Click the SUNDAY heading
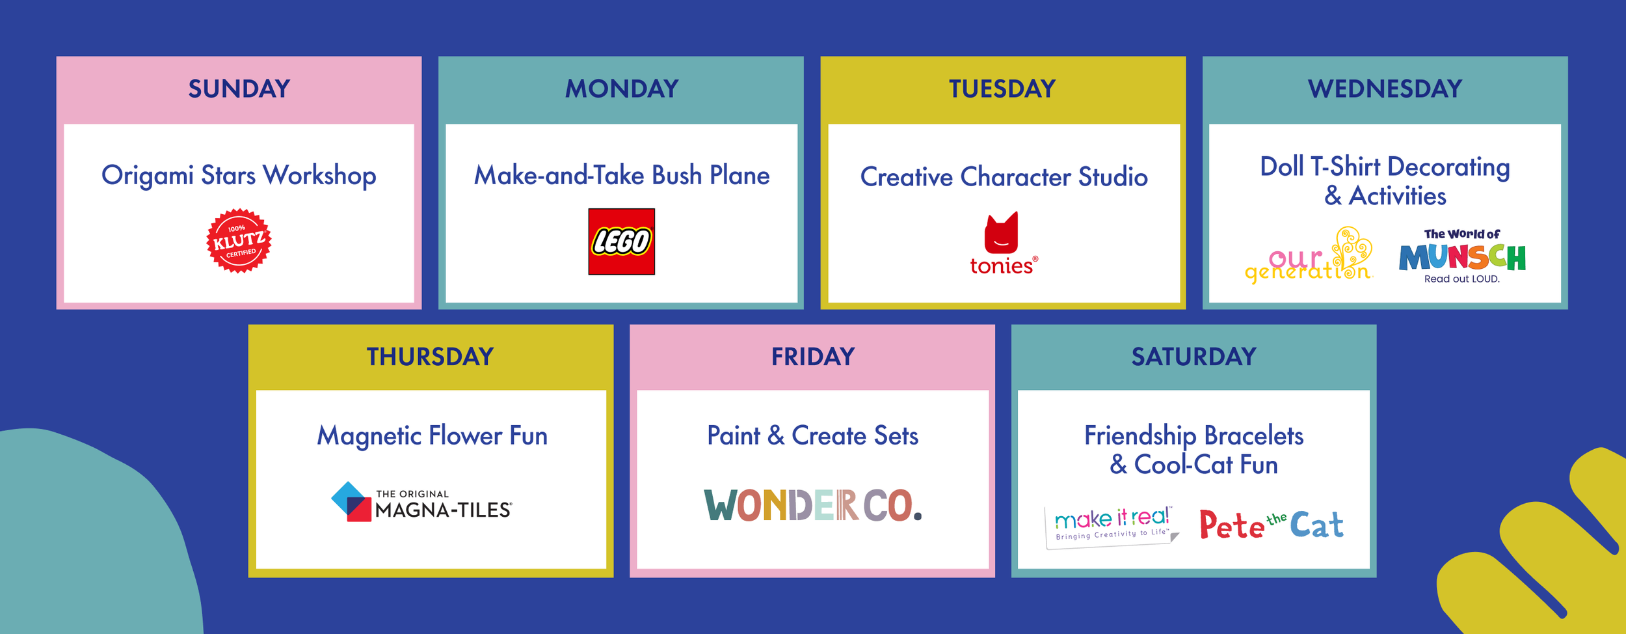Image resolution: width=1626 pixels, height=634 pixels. tap(239, 89)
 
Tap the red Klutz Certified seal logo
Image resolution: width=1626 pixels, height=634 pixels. tap(239, 241)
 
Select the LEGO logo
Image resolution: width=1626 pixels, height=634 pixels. tap(621, 241)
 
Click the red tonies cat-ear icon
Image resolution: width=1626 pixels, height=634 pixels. tap(1001, 233)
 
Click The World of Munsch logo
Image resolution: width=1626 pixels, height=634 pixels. tap(1461, 256)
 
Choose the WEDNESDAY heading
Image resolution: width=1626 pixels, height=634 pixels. tap(1385, 89)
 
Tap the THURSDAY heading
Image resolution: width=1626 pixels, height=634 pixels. tap(430, 357)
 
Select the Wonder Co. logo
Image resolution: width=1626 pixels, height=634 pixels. tap(812, 506)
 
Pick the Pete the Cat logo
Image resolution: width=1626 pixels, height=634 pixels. tap(1271, 525)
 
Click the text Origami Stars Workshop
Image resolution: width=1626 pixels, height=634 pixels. tap(239, 176)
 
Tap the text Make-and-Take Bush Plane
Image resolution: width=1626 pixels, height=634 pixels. tap(621, 176)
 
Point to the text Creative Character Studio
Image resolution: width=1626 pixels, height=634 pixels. tap(1004, 177)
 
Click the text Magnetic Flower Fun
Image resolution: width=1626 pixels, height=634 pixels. tap(432, 435)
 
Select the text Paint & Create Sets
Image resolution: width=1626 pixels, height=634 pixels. tap(812, 435)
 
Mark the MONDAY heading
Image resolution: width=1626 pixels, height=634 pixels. tap(621, 89)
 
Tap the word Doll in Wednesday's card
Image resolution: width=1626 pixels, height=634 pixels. tap(1281, 167)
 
